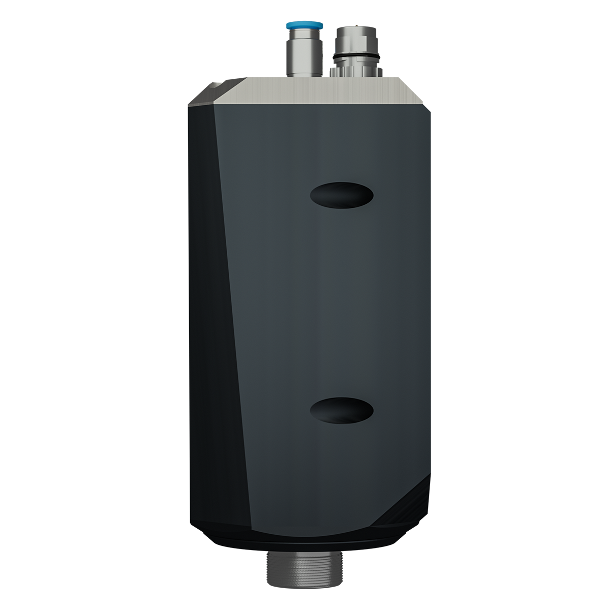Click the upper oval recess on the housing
(x=342, y=195)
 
